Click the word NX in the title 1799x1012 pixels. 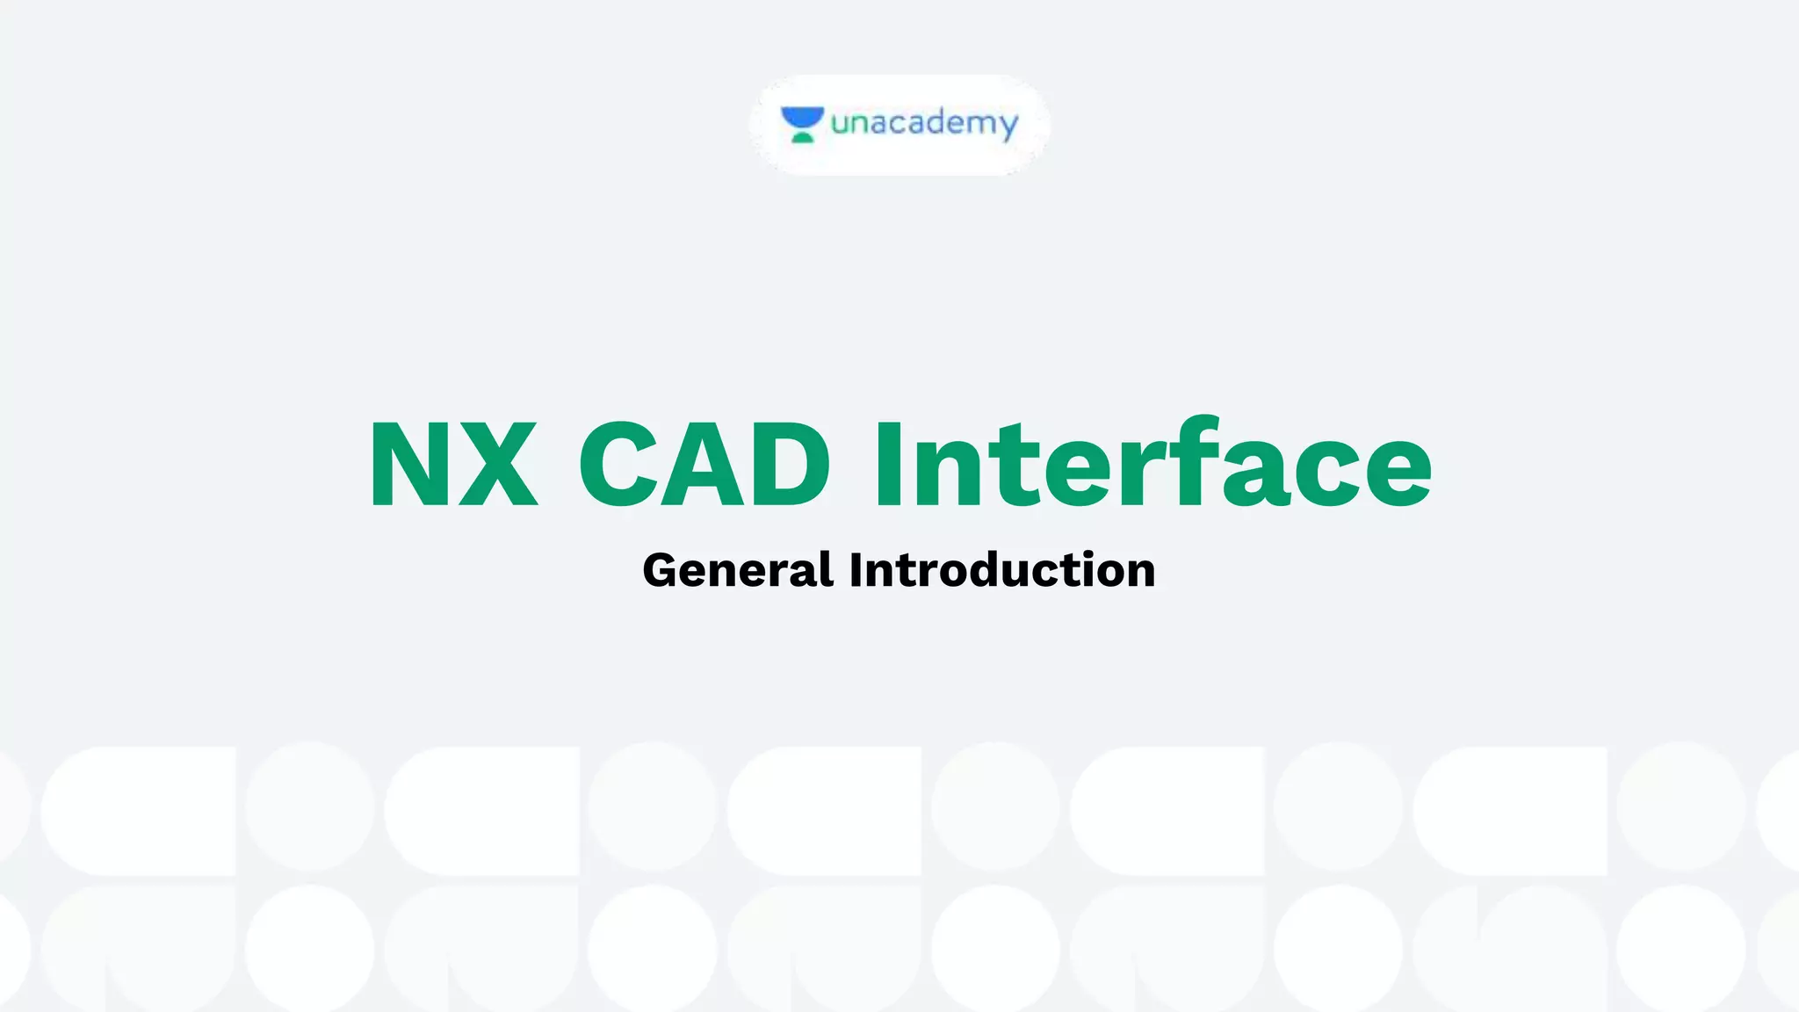pos(453,464)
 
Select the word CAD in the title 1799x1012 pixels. pos(704,464)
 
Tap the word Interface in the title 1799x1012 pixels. pos(1152,464)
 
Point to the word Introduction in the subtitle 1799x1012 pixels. pos(1002,570)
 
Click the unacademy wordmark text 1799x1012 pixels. pos(924,123)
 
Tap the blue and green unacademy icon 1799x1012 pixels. pos(802,124)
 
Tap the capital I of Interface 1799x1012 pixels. pos(888,464)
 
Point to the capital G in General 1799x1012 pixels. pos(664,570)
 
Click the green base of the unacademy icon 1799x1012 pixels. pos(802,136)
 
